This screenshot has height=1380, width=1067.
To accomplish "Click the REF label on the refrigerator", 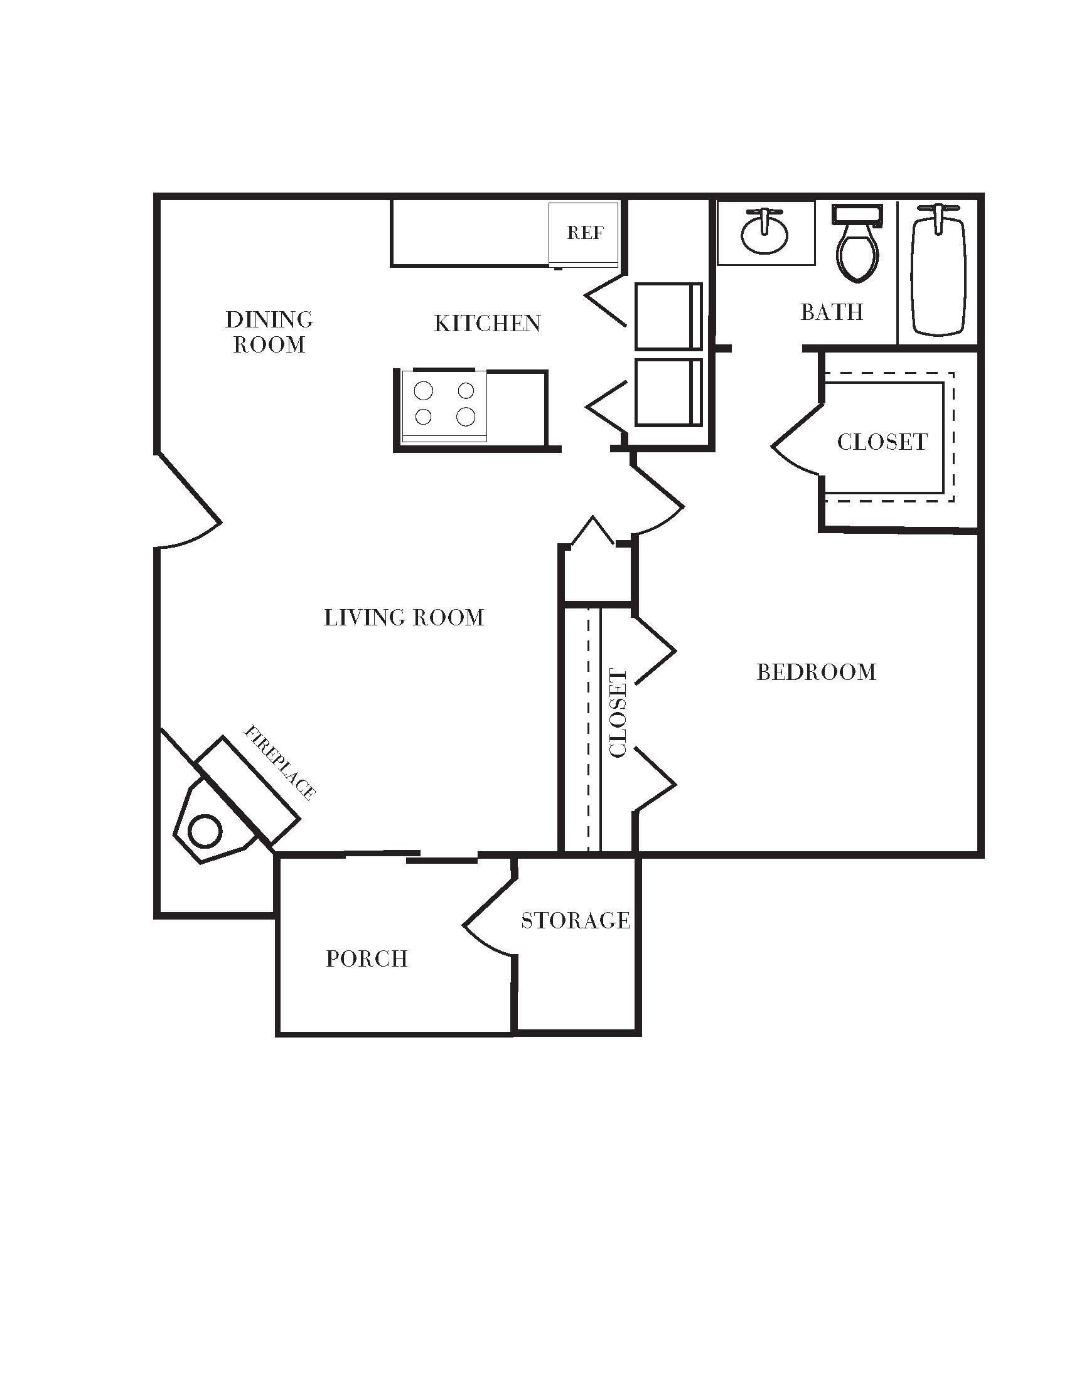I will pyautogui.click(x=585, y=233).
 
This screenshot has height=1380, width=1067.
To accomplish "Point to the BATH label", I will pyautogui.click(x=831, y=312).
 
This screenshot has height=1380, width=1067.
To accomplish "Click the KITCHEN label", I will pyautogui.click(x=486, y=324).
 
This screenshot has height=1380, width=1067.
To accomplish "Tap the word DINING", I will pyautogui.click(x=269, y=320).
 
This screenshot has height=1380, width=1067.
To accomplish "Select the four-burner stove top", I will pyautogui.click(x=444, y=405).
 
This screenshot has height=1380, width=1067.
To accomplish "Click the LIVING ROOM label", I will pyautogui.click(x=404, y=617).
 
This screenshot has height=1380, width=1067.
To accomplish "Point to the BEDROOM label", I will pyautogui.click(x=816, y=672).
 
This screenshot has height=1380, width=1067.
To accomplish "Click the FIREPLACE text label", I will pyautogui.click(x=279, y=762).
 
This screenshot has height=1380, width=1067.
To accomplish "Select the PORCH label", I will pyautogui.click(x=367, y=958).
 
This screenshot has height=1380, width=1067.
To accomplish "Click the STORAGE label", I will pyautogui.click(x=575, y=920).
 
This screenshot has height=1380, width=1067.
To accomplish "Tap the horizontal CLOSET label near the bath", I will pyautogui.click(x=882, y=442).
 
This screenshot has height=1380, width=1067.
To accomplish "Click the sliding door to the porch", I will pyautogui.click(x=411, y=856).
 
